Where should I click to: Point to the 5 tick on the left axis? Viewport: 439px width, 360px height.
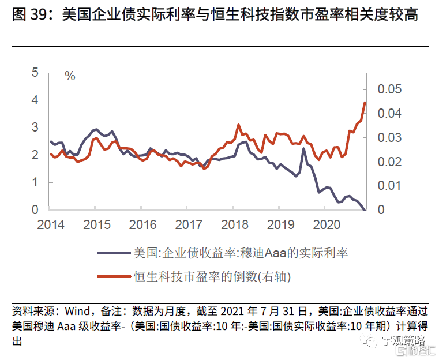[x=35, y=73]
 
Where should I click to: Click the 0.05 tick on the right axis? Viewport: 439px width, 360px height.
[x=389, y=89]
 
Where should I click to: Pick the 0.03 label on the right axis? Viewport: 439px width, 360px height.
[x=389, y=138]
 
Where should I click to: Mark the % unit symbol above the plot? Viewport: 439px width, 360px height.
[x=70, y=76]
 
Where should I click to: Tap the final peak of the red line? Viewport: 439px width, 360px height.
[x=365, y=103]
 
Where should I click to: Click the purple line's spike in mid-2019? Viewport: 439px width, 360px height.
[x=303, y=149]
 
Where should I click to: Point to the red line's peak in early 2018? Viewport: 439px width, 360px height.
[x=238, y=125]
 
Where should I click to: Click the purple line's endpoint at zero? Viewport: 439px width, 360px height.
[x=365, y=210]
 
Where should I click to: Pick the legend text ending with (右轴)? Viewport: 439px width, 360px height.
[x=212, y=277]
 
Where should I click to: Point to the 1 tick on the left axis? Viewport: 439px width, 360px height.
[x=35, y=182]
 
